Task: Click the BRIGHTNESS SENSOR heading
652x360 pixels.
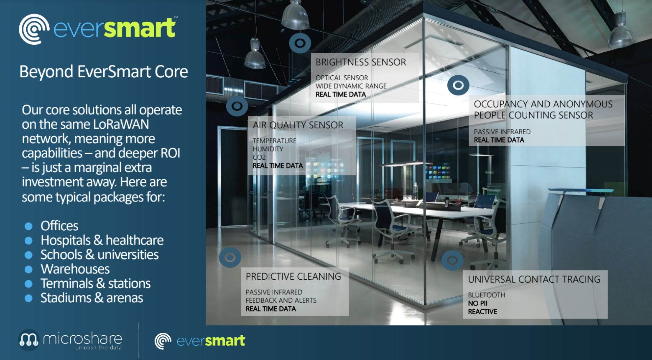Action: (361, 62)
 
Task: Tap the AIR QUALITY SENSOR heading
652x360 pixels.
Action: (298, 125)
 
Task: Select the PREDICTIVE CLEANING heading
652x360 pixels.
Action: (293, 276)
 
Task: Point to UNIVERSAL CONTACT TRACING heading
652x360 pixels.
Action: (534, 279)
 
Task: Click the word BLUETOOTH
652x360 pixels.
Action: (487, 295)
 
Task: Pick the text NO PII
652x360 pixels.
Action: (478, 303)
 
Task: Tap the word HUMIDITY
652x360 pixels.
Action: (268, 149)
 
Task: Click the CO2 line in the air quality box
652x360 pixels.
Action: (259, 157)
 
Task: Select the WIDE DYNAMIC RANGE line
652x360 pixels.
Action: (351, 86)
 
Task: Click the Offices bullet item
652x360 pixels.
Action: (60, 226)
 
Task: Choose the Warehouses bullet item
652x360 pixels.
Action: (75, 269)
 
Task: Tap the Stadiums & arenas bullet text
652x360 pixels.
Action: (92, 298)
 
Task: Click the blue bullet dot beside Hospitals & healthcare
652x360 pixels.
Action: (29, 241)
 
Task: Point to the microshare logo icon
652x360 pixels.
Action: (29, 340)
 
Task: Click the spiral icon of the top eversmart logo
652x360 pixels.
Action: (34, 29)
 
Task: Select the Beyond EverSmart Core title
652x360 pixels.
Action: (104, 72)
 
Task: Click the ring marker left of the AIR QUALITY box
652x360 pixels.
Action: (237, 106)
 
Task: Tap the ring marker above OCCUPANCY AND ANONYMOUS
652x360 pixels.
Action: (458, 85)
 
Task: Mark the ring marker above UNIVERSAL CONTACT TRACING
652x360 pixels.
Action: (452, 260)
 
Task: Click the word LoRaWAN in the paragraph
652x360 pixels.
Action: (121, 124)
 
